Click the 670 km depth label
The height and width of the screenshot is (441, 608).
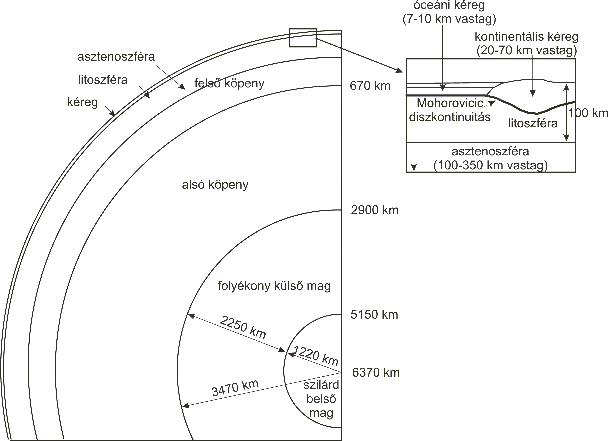370,86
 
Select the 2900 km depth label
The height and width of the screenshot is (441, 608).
375,210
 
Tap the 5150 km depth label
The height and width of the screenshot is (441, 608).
374,315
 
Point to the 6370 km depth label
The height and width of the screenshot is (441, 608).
376,373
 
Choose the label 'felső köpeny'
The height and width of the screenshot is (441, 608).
229,83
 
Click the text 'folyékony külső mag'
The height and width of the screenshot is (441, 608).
274,286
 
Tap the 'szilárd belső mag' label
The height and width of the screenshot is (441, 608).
321,399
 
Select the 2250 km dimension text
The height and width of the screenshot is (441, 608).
243,327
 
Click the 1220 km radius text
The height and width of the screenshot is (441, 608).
316,356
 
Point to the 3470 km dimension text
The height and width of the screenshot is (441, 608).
235,388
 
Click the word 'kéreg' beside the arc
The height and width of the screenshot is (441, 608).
82,102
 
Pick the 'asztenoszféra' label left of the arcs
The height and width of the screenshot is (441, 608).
116,57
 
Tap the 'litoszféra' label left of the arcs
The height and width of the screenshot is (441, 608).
103,80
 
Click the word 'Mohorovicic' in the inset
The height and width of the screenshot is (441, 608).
450,103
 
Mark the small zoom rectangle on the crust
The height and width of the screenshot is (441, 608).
303,29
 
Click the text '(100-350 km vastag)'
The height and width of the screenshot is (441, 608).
491,165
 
